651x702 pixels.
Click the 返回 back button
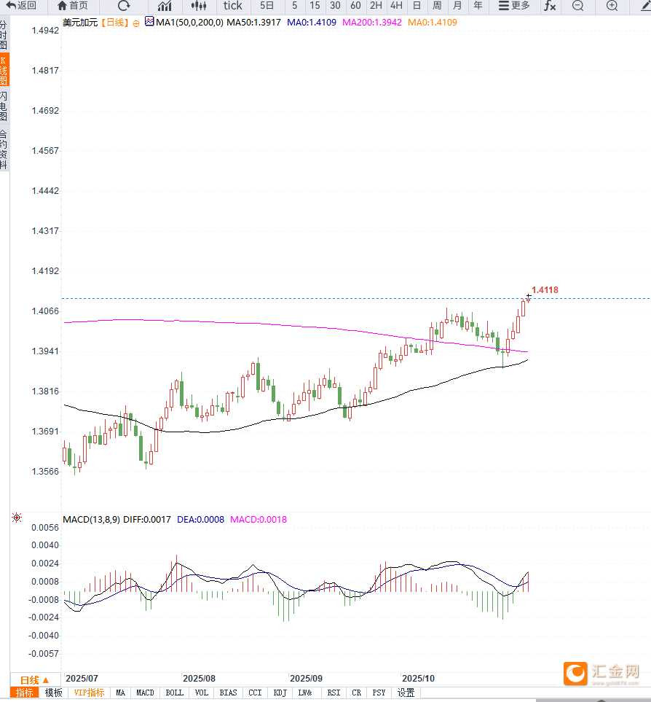pos(21,6)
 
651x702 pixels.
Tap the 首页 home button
pos(73,6)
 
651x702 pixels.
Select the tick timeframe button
pos(233,6)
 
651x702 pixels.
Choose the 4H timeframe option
pos(396,6)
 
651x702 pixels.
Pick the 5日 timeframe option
pos(267,6)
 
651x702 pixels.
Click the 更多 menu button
pos(514,6)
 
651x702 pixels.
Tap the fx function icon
pos(550,6)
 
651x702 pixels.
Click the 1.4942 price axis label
pos(45,31)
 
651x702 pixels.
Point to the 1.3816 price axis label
pos(45,391)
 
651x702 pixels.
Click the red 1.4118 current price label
pos(545,290)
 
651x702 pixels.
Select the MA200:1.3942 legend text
pos(371,22)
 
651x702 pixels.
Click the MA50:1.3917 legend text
pos(253,22)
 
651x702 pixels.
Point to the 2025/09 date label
pos(305,678)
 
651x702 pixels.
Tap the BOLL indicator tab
pos(174,693)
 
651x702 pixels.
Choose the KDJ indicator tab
pos(280,693)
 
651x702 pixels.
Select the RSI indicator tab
pos(334,693)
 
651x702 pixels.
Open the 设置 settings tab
pos(406,693)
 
